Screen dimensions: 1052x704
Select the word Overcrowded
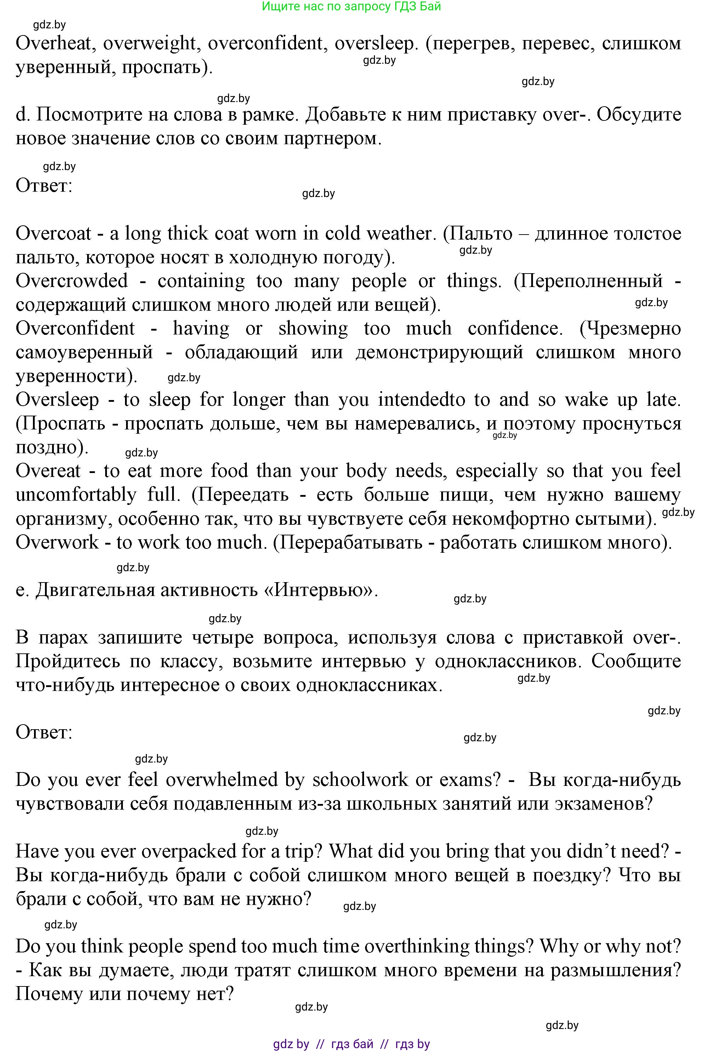click(x=72, y=281)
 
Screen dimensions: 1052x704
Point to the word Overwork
click(x=57, y=542)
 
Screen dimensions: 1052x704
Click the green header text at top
click(x=351, y=6)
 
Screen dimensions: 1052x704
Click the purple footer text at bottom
click(x=351, y=1044)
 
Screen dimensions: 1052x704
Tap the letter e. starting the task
click(x=21, y=590)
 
